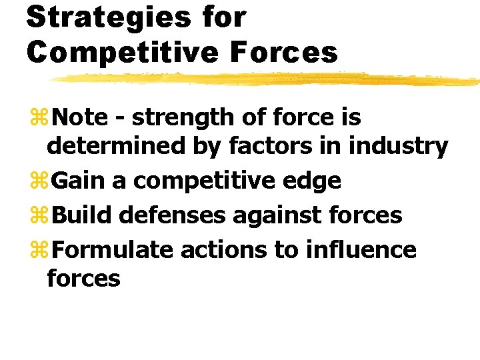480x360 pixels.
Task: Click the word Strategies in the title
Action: click(109, 19)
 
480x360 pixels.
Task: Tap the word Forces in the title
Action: click(284, 53)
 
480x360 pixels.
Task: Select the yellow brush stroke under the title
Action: click(265, 79)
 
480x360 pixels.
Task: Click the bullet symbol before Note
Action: click(39, 117)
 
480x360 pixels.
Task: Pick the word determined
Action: click(116, 146)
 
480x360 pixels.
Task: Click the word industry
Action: click(398, 147)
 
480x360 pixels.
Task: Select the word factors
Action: click(271, 146)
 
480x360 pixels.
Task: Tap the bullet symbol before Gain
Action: click(39, 180)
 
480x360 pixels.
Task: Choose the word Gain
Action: click(78, 180)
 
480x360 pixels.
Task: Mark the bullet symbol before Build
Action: click(39, 214)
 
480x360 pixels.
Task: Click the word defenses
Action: click(172, 215)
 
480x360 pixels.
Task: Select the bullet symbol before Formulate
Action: click(39, 249)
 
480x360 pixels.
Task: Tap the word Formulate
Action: click(113, 249)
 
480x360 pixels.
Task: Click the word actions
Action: click(224, 250)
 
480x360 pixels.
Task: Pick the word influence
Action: click(361, 249)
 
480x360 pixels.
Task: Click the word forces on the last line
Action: click(83, 277)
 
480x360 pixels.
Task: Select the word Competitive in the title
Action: click(123, 53)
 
